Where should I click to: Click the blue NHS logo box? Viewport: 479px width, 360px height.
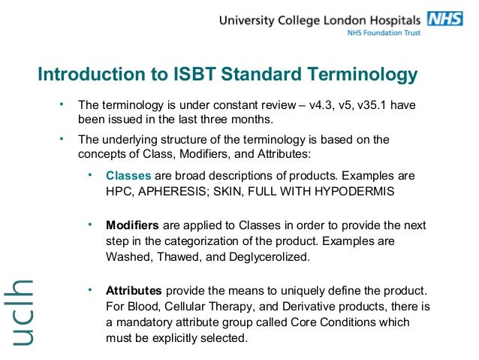pyautogui.click(x=445, y=20)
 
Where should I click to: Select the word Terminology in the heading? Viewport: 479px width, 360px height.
pyautogui.click(x=357, y=75)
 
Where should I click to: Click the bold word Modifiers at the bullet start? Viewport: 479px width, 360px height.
pyautogui.click(x=132, y=225)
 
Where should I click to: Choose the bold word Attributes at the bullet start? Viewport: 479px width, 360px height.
pyautogui.click(x=134, y=290)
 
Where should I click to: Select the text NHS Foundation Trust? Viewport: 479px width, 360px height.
pyautogui.click(x=383, y=33)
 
